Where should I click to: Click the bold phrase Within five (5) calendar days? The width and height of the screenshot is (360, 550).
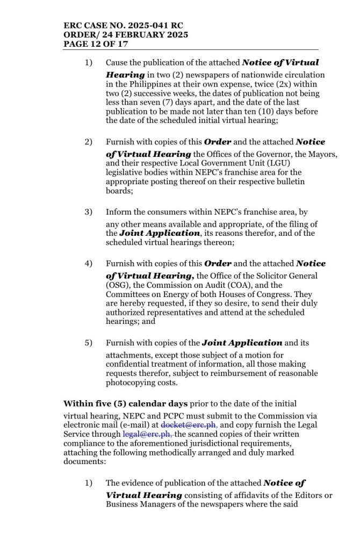point(126,403)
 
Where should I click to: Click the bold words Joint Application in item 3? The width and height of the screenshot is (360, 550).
point(160,234)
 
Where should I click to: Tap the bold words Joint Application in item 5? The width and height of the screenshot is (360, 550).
point(242,343)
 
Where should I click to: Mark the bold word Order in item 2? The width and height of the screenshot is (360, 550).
point(218,142)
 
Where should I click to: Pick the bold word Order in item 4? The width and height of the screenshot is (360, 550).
point(218,264)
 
